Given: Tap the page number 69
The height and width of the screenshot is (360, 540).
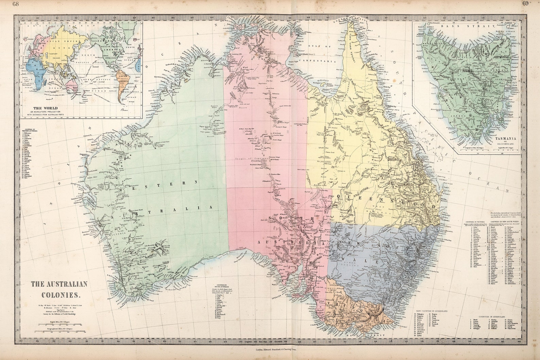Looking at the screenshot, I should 525,4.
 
